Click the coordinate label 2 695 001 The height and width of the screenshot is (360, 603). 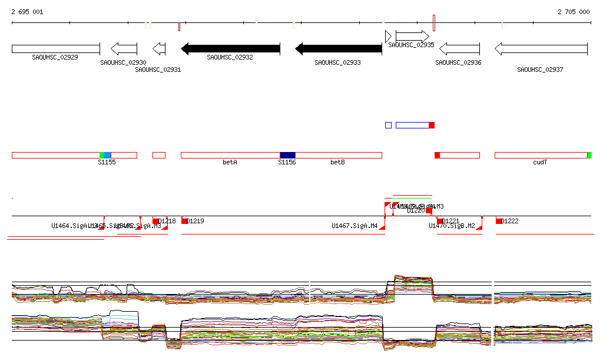tap(27, 12)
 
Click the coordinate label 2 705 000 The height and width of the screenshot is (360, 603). tap(574, 12)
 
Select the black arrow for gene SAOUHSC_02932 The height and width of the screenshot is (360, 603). tap(230, 49)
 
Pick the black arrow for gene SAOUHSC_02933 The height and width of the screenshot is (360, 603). tap(339, 49)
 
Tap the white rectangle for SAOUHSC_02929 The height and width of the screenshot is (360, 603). tap(55, 49)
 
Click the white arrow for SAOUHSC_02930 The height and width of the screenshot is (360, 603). tap(124, 49)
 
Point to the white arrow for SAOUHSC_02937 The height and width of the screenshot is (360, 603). tap(541, 49)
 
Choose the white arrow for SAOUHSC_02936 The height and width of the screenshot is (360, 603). tap(460, 49)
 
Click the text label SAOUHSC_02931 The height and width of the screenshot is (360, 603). tap(158, 70)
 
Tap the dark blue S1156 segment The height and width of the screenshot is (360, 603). tap(287, 155)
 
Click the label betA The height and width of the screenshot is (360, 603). tap(230, 162)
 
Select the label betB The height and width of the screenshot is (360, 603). tap(337, 162)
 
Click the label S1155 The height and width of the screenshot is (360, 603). tap(107, 162)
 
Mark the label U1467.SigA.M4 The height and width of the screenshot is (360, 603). tap(354, 226)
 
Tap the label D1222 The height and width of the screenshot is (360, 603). tap(510, 222)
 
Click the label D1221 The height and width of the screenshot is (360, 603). tap(450, 222)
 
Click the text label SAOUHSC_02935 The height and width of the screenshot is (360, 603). tap(411, 45)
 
